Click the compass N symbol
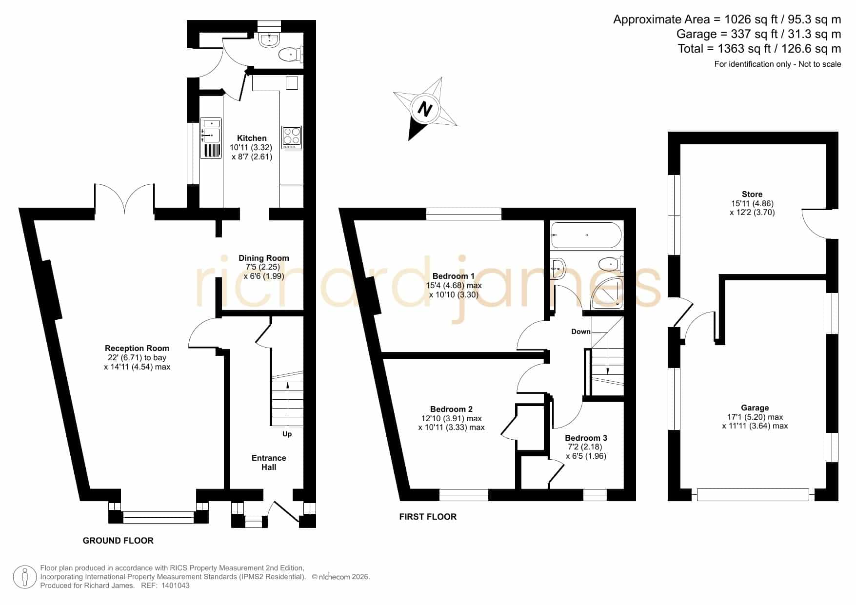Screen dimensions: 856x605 425,109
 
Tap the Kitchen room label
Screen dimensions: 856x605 252,138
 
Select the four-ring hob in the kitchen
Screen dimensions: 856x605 292,137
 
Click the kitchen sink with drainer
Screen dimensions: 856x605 211,138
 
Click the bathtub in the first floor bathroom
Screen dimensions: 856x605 586,235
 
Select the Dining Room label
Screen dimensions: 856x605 264,258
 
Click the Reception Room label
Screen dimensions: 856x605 137,349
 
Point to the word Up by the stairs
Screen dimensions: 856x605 287,434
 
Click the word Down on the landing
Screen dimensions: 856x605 581,332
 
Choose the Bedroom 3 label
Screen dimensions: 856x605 586,438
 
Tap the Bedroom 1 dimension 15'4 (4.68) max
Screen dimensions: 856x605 454,286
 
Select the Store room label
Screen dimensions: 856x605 752,194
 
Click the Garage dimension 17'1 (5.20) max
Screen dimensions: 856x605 755,417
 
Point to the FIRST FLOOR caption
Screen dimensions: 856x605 428,517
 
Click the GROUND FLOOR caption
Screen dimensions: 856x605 118,541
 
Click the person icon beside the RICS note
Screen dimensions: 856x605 24,577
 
